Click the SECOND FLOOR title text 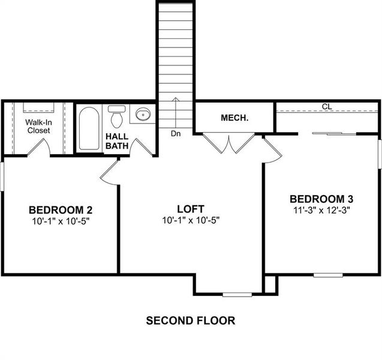pyautogui.click(x=191, y=320)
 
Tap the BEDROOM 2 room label pyautogui.click(x=60, y=210)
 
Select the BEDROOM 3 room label pyautogui.click(x=321, y=199)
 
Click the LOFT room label pyautogui.click(x=191, y=209)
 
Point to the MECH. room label pyautogui.click(x=234, y=118)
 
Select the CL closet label pyautogui.click(x=326, y=107)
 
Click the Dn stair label pyautogui.click(x=175, y=133)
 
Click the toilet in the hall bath pyautogui.click(x=116, y=114)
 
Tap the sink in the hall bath pyautogui.click(x=143, y=114)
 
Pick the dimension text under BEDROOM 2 pyautogui.click(x=60, y=221)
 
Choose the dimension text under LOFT pyautogui.click(x=191, y=220)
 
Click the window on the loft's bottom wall pyautogui.click(x=237, y=294)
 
